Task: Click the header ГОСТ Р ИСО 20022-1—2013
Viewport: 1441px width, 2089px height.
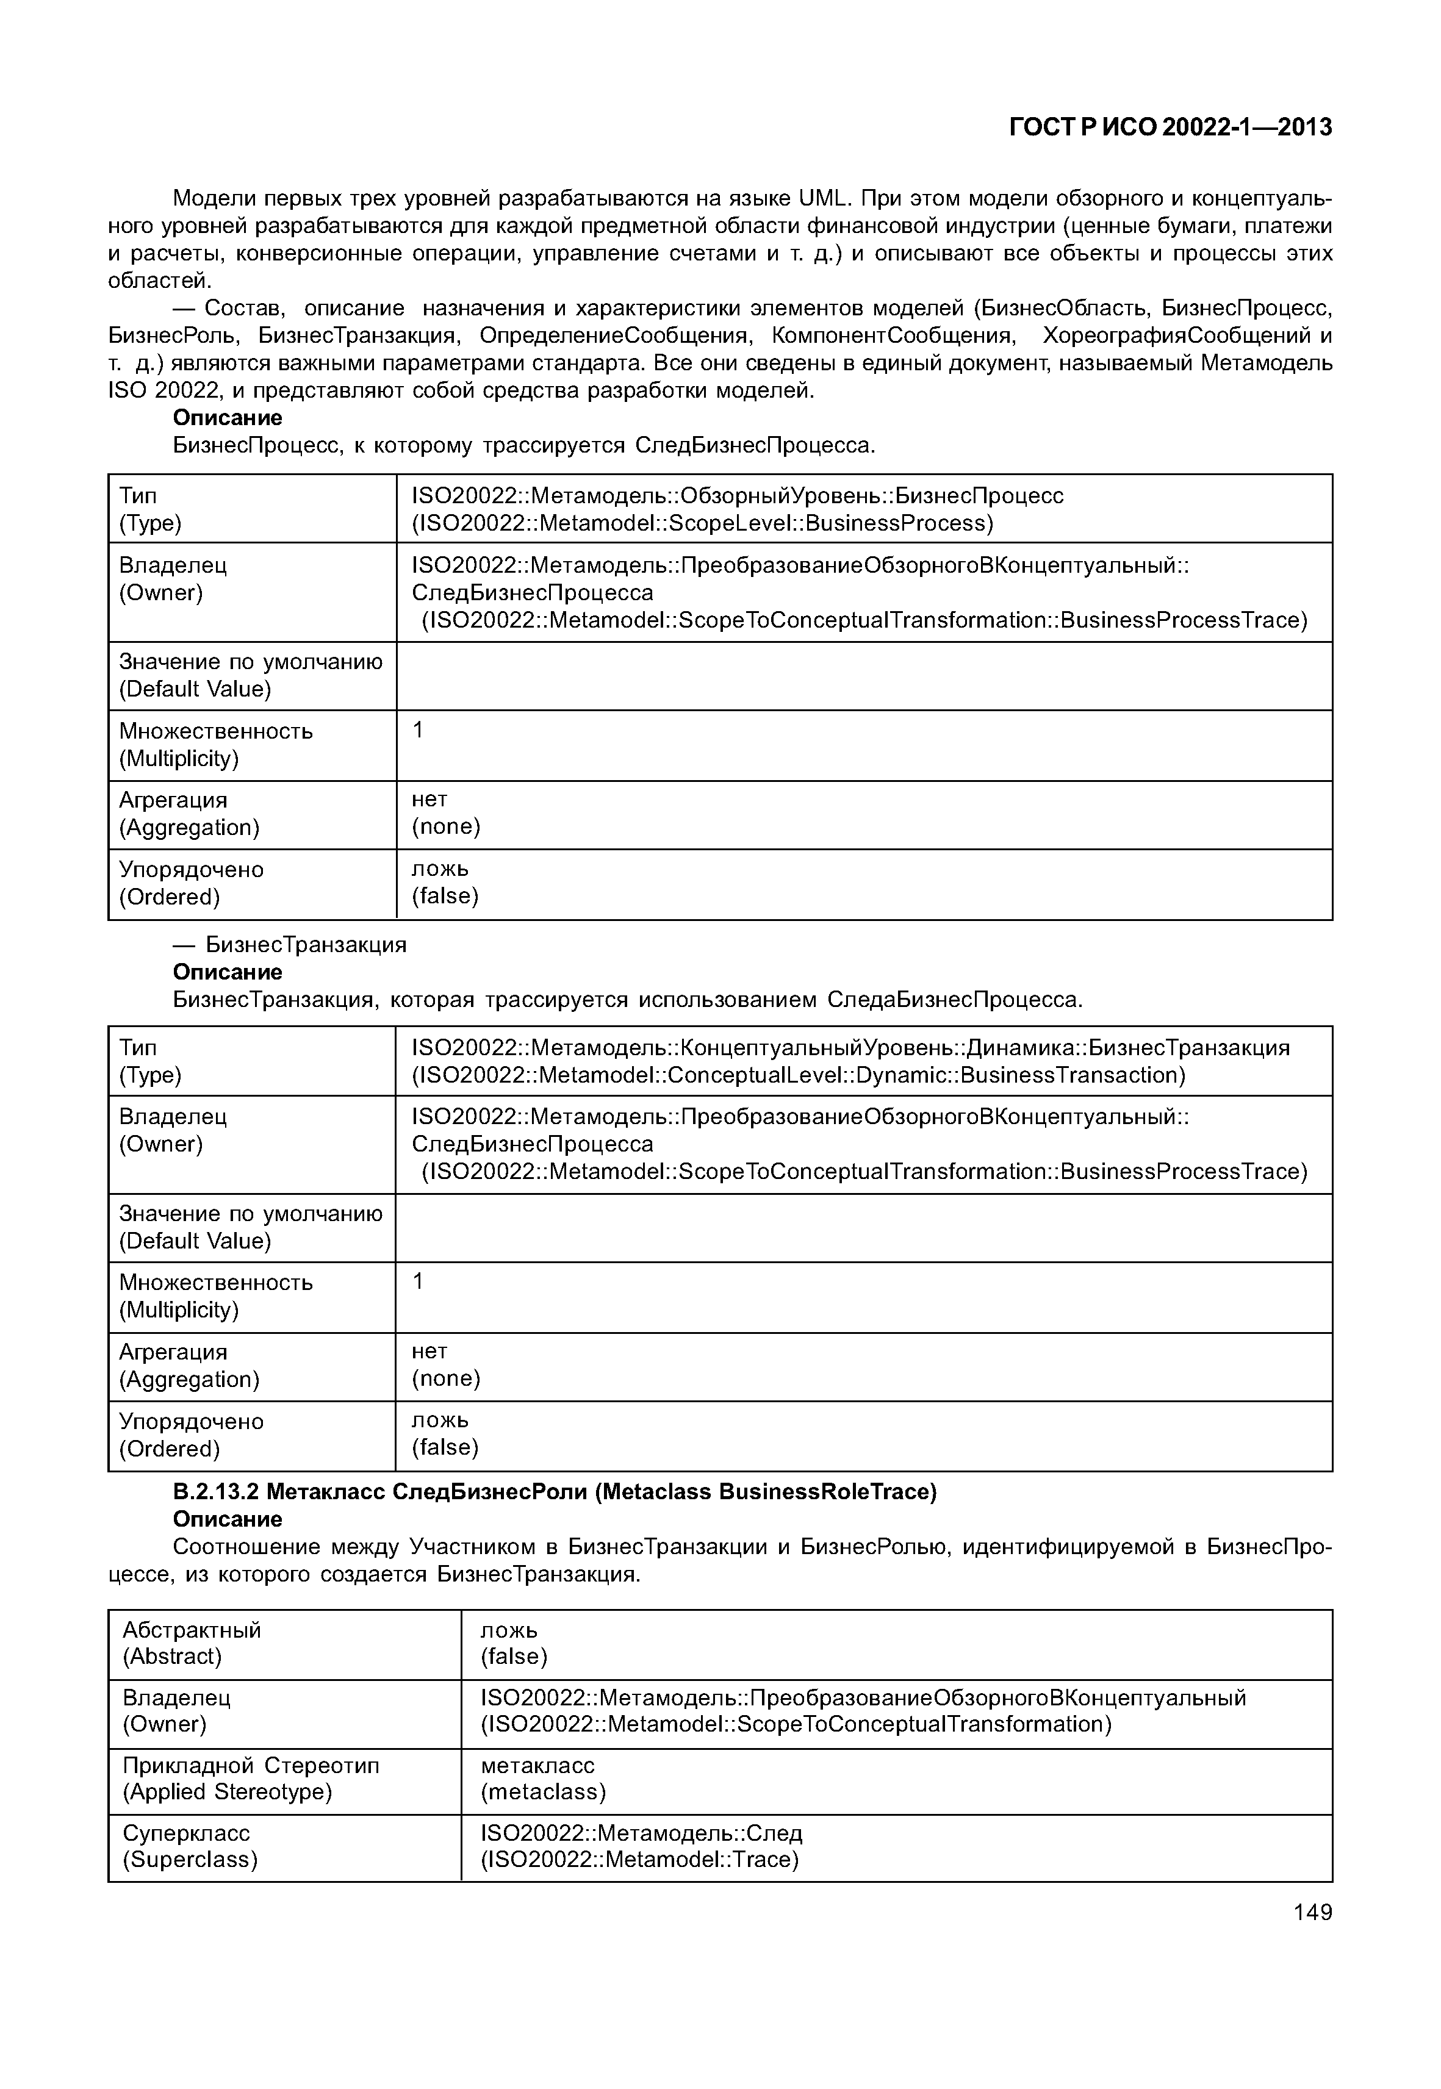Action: pos(1170,128)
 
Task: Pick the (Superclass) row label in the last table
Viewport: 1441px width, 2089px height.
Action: pos(190,1860)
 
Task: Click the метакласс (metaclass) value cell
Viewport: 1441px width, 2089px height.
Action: pos(542,1779)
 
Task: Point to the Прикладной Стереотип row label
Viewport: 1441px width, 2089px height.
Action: pos(251,1765)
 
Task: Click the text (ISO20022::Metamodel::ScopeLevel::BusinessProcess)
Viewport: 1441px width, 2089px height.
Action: pos(702,523)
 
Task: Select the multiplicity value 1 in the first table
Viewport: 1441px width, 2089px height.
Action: pos(418,730)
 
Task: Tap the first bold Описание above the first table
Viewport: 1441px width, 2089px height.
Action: pos(228,418)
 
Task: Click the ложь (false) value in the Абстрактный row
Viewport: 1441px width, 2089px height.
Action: pos(513,1643)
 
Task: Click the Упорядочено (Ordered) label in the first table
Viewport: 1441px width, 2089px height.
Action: pos(192,883)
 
